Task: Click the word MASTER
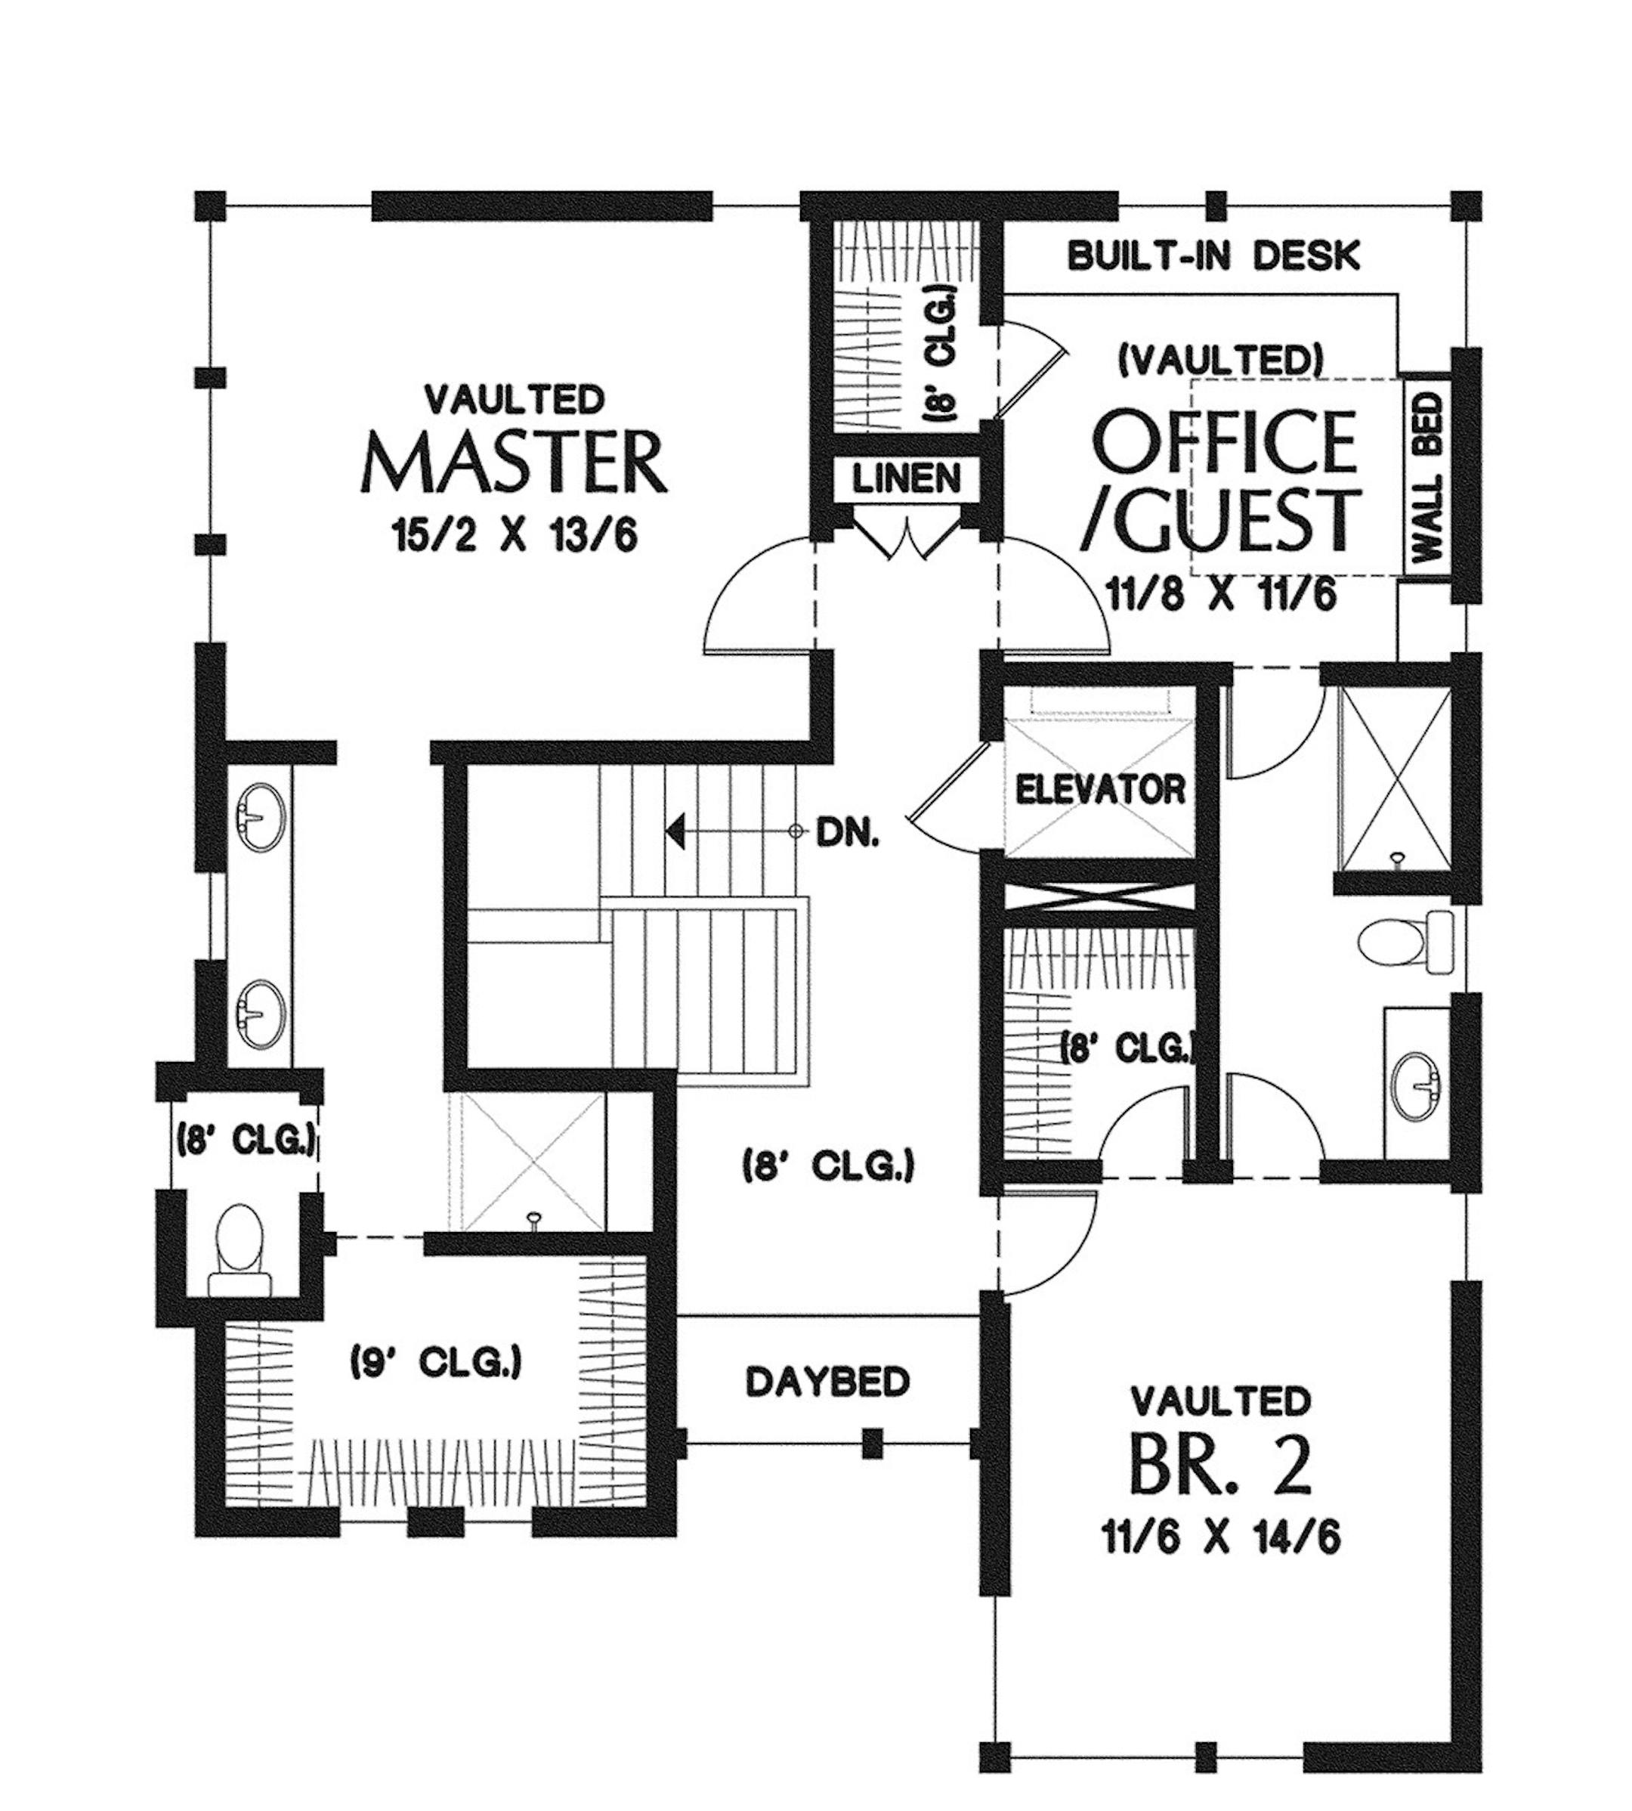click(514, 463)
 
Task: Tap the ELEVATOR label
click(1100, 789)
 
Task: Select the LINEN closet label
click(907, 480)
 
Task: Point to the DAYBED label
click(827, 1382)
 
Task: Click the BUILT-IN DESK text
click(1214, 256)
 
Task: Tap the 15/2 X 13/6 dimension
click(514, 537)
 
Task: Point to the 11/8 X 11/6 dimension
click(1221, 595)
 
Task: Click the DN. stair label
click(848, 836)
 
